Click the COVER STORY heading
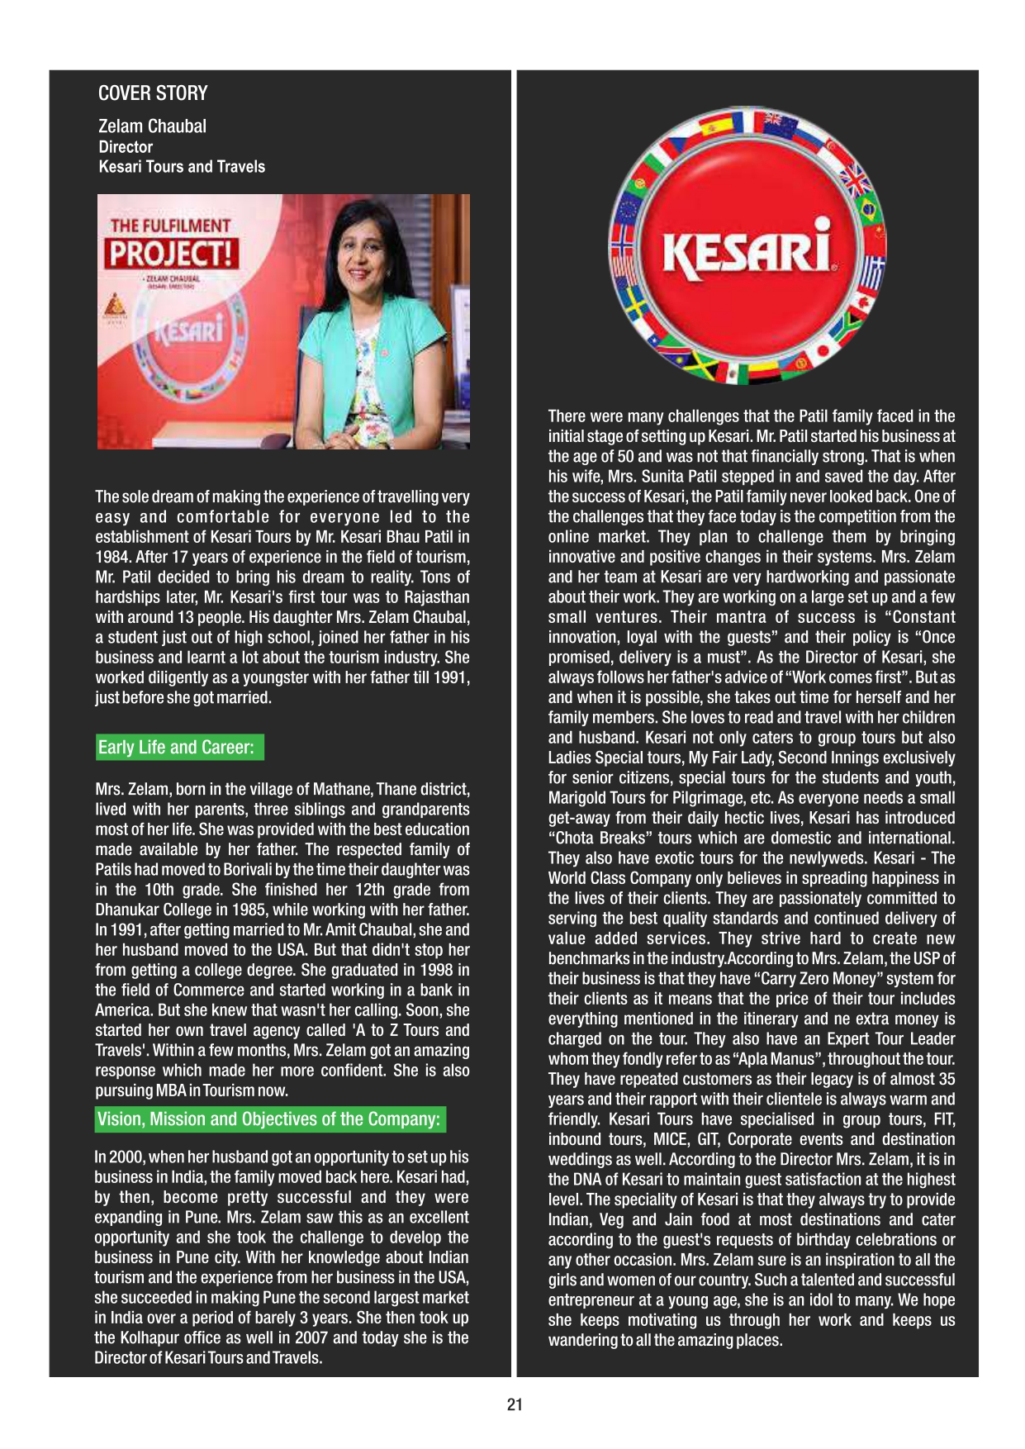[153, 93]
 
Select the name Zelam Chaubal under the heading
[152, 126]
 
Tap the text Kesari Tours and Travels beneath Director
[182, 167]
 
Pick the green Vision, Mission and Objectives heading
[268, 1119]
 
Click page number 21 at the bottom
[515, 1404]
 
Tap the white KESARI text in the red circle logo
[747, 249]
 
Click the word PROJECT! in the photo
[172, 253]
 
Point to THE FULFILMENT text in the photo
[170, 226]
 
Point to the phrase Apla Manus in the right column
[776, 1059]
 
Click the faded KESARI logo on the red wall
[189, 331]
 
